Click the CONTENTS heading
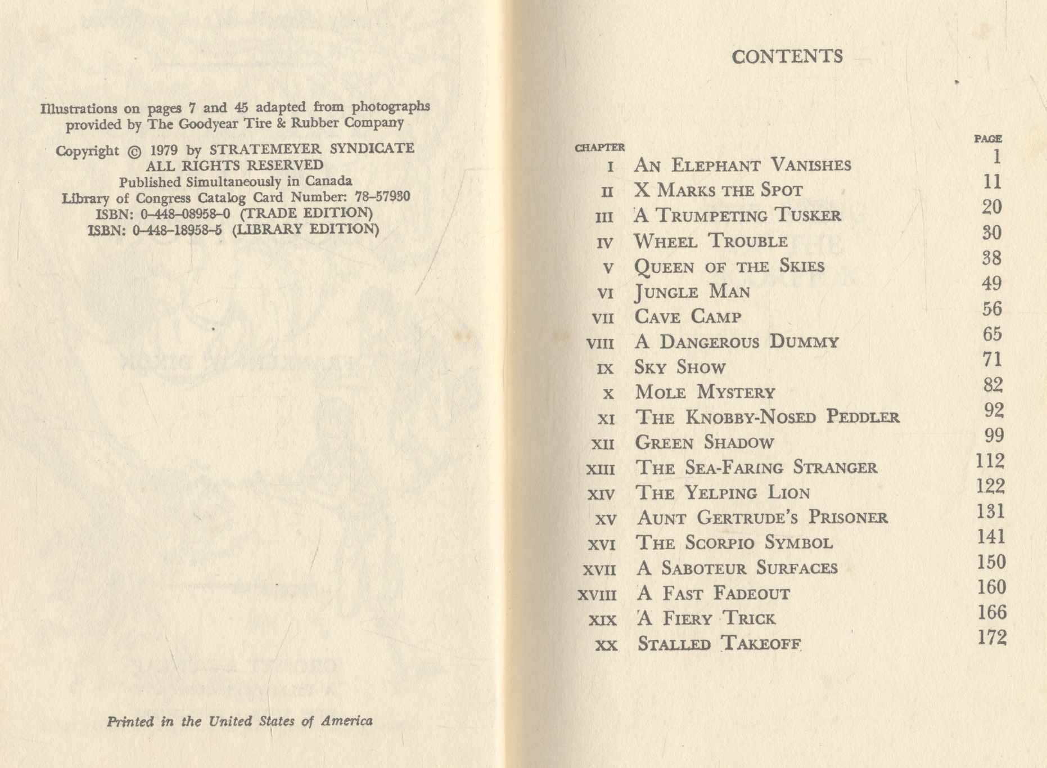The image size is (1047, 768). pos(787,56)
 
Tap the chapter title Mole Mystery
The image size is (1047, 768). pos(705,392)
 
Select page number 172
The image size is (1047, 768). pos(992,637)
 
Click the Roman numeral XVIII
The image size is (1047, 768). pos(597,595)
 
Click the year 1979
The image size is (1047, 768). pos(164,150)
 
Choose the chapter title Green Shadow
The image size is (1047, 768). pos(705,442)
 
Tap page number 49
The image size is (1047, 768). pos(991,284)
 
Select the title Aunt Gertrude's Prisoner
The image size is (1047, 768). pos(762,518)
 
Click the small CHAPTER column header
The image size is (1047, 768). pos(599,148)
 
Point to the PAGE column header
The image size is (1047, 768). pos(988,138)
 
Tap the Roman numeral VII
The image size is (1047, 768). pos(603,318)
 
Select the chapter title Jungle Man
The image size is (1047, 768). pos(692,291)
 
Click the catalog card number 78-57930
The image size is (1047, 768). pos(382,197)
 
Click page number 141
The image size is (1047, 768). pos(991,537)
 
